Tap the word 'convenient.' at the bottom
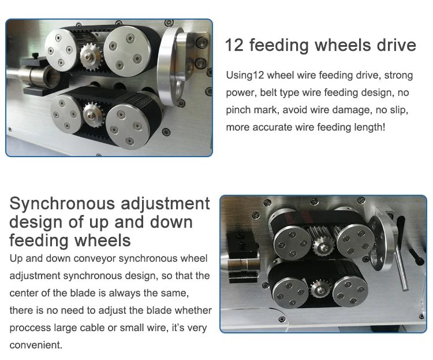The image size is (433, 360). click(36, 345)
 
